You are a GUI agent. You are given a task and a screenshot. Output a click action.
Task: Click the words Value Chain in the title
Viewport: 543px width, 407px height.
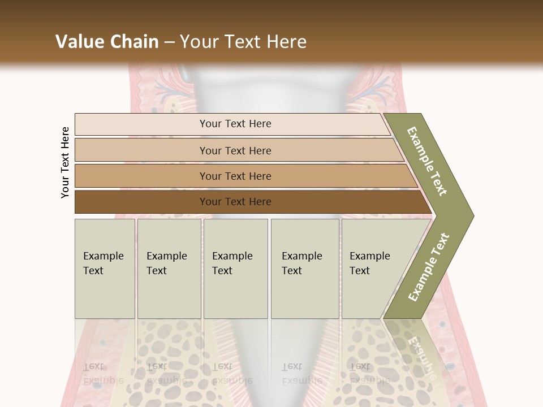click(107, 42)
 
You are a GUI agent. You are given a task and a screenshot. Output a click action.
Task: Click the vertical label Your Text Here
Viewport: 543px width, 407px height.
click(65, 163)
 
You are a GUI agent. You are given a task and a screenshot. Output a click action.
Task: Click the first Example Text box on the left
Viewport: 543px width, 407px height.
click(105, 269)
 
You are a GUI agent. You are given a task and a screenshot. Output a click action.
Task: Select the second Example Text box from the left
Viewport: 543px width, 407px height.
click(169, 269)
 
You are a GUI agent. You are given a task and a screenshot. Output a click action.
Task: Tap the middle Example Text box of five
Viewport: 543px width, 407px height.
click(235, 269)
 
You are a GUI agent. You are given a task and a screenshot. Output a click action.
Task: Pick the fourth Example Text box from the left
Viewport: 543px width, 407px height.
click(305, 269)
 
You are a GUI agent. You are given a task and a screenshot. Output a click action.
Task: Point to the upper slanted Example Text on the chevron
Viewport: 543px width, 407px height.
click(427, 161)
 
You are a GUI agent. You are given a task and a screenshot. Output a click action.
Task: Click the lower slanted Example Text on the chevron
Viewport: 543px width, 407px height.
click(429, 267)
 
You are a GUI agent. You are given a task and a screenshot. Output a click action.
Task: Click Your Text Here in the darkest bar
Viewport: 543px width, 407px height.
click(235, 202)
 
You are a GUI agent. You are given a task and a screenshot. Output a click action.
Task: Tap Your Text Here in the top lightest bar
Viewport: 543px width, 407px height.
click(235, 124)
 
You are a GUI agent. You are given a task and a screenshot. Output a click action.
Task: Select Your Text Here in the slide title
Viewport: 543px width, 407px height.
click(243, 42)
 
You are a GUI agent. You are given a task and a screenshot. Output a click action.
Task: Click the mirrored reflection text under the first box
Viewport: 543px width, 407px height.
click(103, 374)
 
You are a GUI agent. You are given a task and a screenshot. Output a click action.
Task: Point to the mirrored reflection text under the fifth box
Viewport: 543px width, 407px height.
click(369, 374)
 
